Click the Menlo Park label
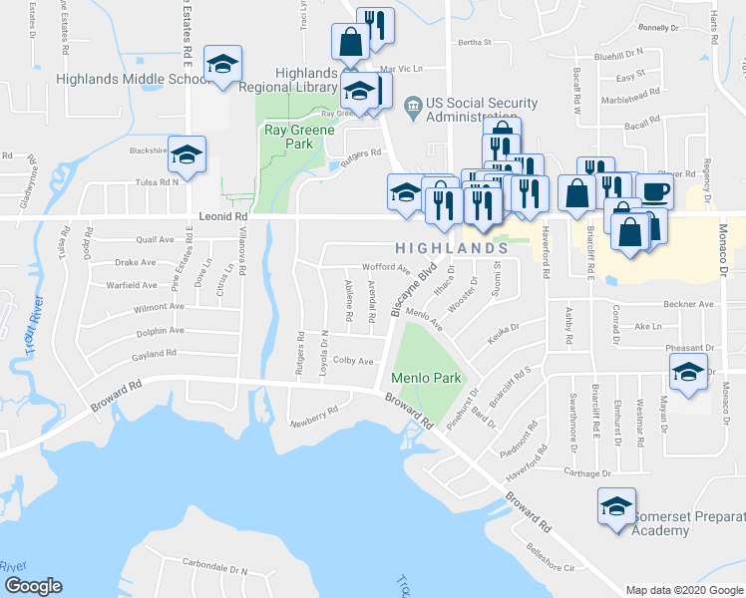click(x=426, y=378)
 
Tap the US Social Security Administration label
click(x=482, y=110)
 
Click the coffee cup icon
click(x=654, y=192)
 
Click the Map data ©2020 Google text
click(x=683, y=590)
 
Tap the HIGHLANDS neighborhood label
click(x=445, y=247)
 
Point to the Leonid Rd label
click(x=222, y=215)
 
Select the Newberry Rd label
click(x=314, y=417)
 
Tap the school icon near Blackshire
click(x=186, y=155)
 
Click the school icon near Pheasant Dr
click(x=688, y=373)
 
